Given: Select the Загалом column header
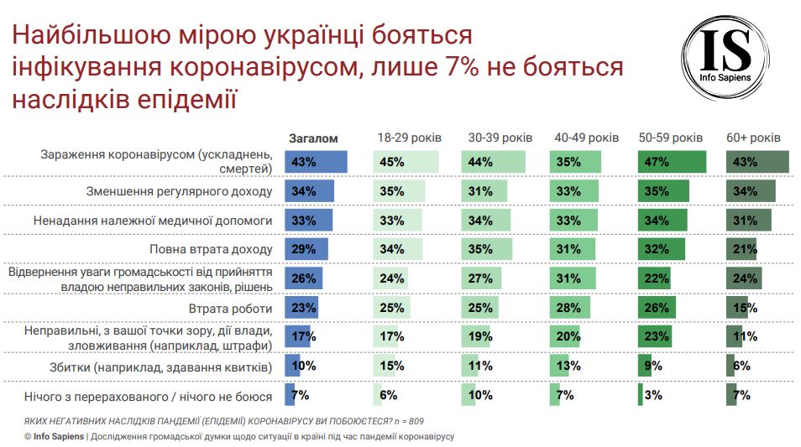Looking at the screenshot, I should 313,138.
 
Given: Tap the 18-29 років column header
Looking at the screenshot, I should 407,138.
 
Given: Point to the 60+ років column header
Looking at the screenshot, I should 753,138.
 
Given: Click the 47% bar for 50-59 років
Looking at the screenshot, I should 671,162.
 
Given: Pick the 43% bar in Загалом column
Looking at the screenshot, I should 316,162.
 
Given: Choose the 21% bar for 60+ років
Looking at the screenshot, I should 741,250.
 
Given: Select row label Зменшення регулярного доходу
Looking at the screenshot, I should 179,191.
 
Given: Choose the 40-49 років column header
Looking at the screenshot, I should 586,138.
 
